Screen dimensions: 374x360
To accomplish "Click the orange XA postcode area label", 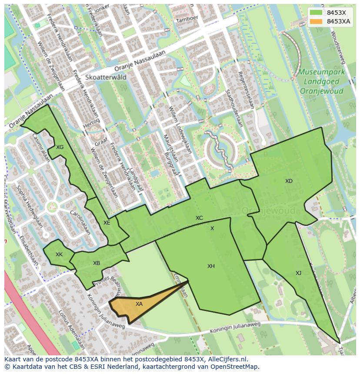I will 139,304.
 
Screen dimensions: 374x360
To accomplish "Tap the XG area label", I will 60,147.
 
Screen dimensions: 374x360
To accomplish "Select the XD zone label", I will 289,181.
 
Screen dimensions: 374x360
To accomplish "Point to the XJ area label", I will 298,273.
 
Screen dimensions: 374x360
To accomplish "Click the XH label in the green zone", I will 211,266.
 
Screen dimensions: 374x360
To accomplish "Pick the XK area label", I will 59,255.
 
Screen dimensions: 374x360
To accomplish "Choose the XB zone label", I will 97,263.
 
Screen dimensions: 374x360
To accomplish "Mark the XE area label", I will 107,223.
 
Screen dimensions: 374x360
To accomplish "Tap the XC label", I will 199,218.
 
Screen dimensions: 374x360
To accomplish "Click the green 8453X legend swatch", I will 316,13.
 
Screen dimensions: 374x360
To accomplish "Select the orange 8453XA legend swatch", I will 316,21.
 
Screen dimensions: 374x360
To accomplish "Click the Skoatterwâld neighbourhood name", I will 106,77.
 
